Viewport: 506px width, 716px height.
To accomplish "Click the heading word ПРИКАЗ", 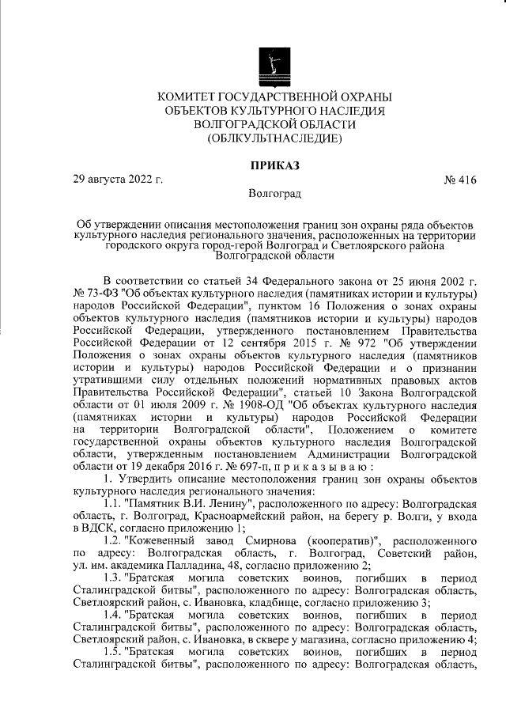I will coord(274,166).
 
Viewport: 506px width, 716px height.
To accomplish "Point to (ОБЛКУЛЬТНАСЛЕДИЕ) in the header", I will coord(274,138).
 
